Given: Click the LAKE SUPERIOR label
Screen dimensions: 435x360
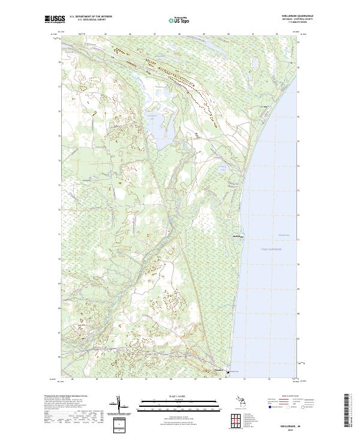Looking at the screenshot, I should pos(271,248).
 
